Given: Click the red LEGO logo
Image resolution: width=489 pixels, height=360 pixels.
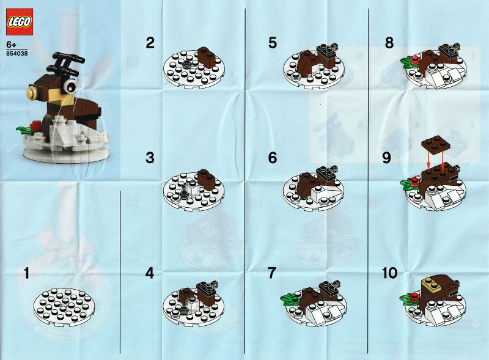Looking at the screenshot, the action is pyautogui.click(x=20, y=22).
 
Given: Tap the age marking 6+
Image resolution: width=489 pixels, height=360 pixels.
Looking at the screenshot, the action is pyautogui.click(x=11, y=45).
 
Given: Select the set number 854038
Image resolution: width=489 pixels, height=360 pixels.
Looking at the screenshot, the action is pyautogui.click(x=17, y=53).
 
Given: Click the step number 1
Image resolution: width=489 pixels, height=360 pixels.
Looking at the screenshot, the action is pyautogui.click(x=27, y=273).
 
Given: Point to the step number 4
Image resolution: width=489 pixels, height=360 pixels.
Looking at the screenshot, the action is pyautogui.click(x=150, y=273).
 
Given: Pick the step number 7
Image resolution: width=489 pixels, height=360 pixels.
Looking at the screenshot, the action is pyautogui.click(x=272, y=273).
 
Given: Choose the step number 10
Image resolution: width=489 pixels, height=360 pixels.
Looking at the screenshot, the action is pyautogui.click(x=390, y=273).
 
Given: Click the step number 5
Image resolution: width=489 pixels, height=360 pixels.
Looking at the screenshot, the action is pyautogui.click(x=273, y=43).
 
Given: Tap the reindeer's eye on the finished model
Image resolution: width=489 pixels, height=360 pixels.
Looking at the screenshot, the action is pyautogui.click(x=70, y=86).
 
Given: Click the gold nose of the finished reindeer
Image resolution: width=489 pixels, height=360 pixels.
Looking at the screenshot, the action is pyautogui.click(x=32, y=93).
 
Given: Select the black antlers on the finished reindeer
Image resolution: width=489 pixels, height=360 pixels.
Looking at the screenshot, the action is pyautogui.click(x=67, y=64).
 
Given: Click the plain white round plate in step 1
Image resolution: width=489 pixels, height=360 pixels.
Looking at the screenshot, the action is pyautogui.click(x=64, y=308).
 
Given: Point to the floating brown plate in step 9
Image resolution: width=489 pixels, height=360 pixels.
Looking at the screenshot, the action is pyautogui.click(x=436, y=143).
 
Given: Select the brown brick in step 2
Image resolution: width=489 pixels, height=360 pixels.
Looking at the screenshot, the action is pyautogui.click(x=206, y=56).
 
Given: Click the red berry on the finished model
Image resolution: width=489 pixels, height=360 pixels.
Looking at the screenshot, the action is pyautogui.click(x=34, y=126).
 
